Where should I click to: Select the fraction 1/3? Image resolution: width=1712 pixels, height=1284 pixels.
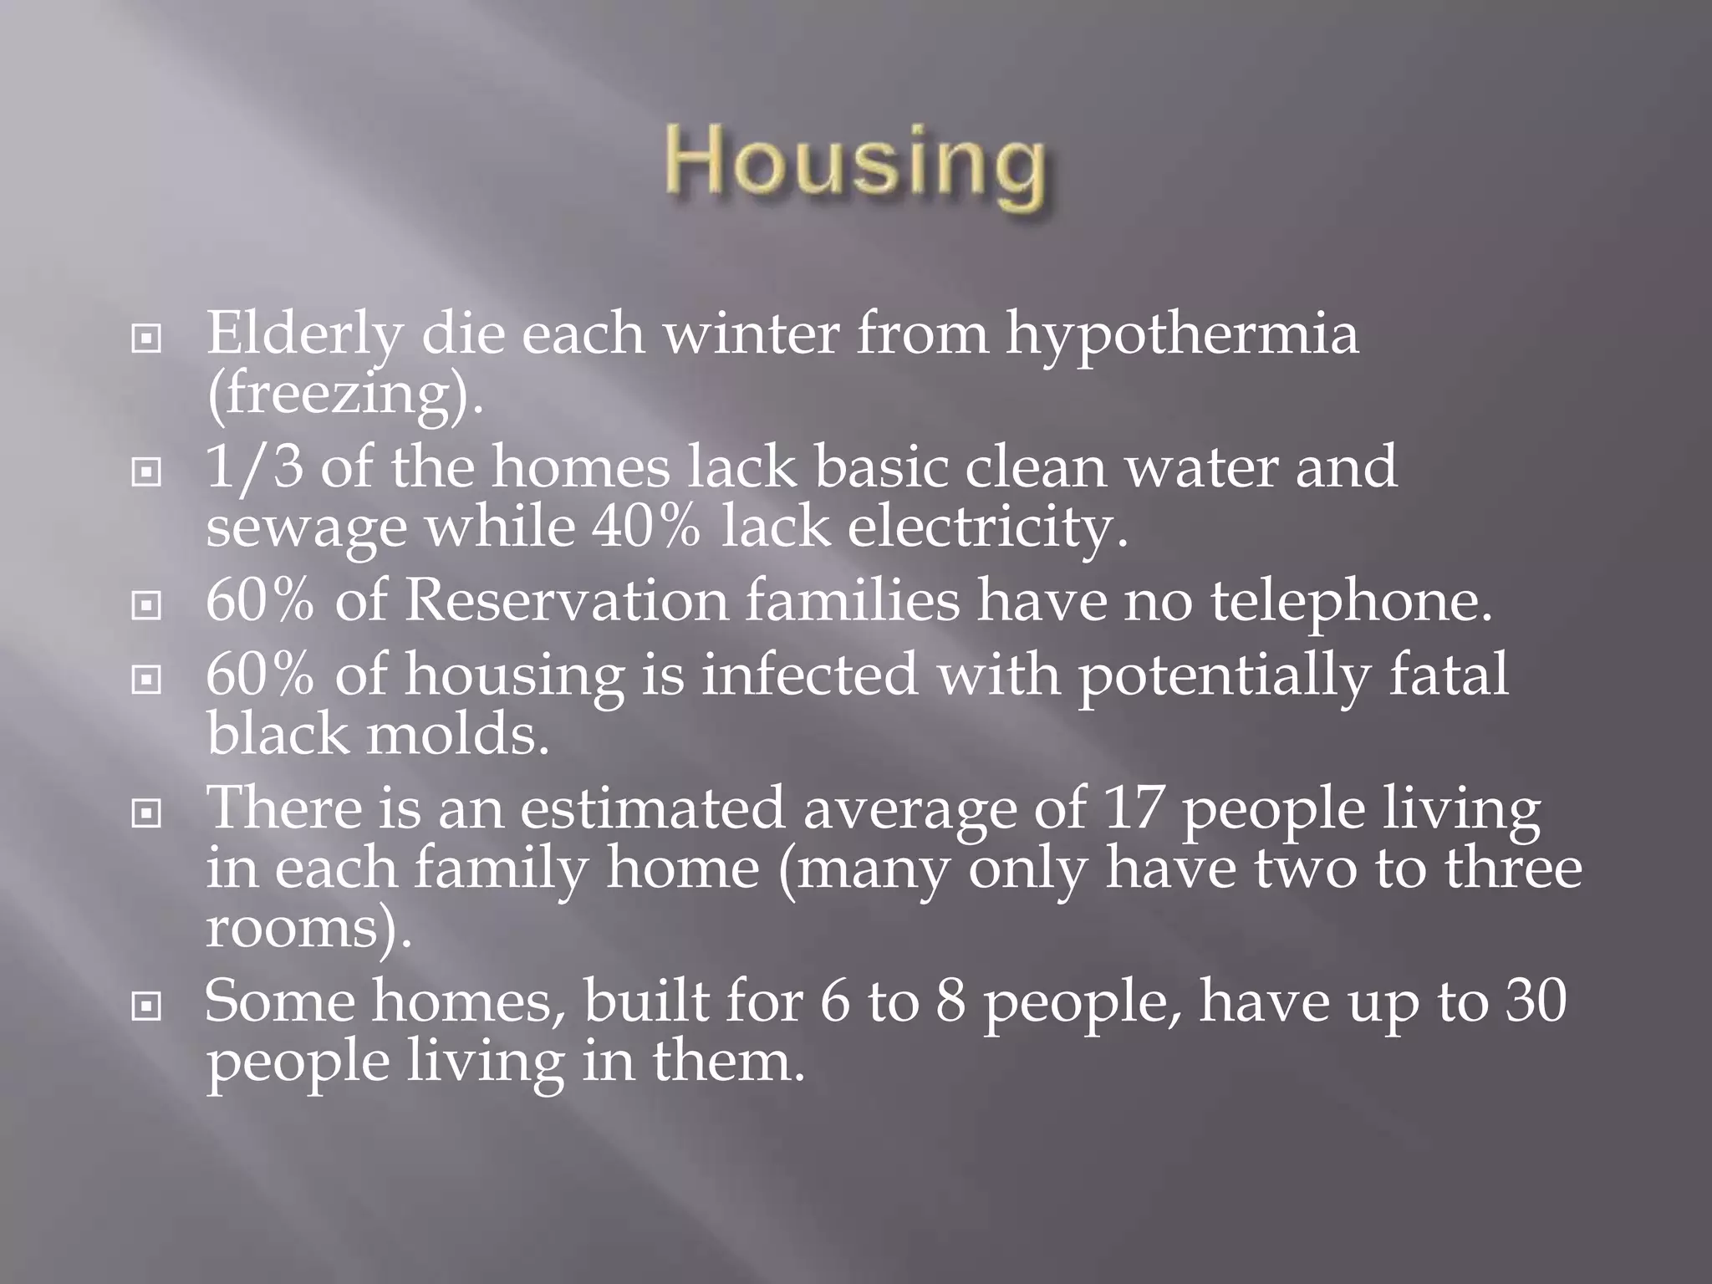[254, 467]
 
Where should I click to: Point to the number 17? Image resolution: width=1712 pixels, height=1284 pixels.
[1133, 808]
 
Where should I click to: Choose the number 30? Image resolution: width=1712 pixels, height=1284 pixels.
[1536, 1001]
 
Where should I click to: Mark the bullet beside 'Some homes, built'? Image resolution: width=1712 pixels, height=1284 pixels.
[146, 1007]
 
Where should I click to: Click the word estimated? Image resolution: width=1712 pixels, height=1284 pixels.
[652, 808]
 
